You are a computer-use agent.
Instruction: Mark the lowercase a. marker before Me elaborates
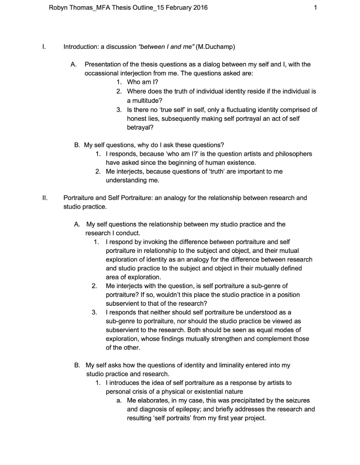click(x=119, y=400)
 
